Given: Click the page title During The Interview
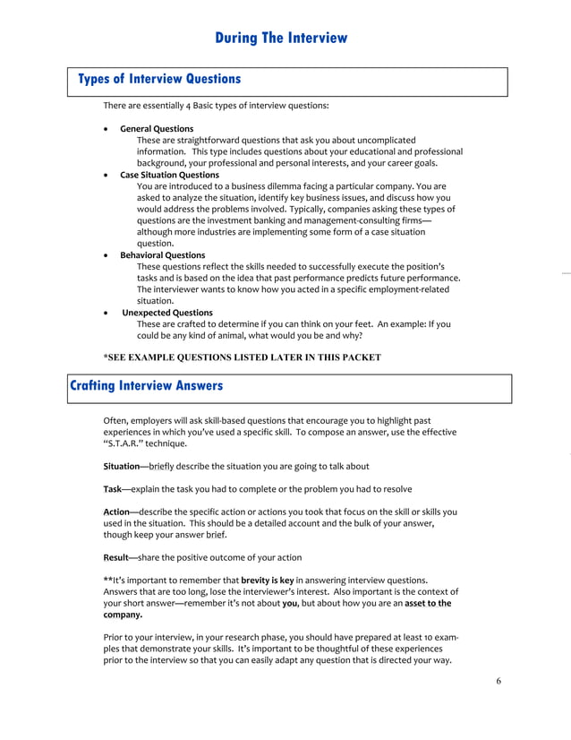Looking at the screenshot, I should (x=281, y=38).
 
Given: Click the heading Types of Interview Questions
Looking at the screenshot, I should (x=159, y=80).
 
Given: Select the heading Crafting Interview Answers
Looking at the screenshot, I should (x=146, y=386).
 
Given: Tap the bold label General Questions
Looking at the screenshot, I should (x=157, y=129).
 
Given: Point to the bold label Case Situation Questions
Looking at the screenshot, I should (x=169, y=175).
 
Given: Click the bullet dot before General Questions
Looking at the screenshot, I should (x=107, y=129).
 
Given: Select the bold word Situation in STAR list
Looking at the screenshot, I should (x=121, y=467).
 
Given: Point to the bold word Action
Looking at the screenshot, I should (x=116, y=512).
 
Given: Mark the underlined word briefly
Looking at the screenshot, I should (x=159, y=467).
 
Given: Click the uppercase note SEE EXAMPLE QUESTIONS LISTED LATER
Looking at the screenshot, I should (x=243, y=357).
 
